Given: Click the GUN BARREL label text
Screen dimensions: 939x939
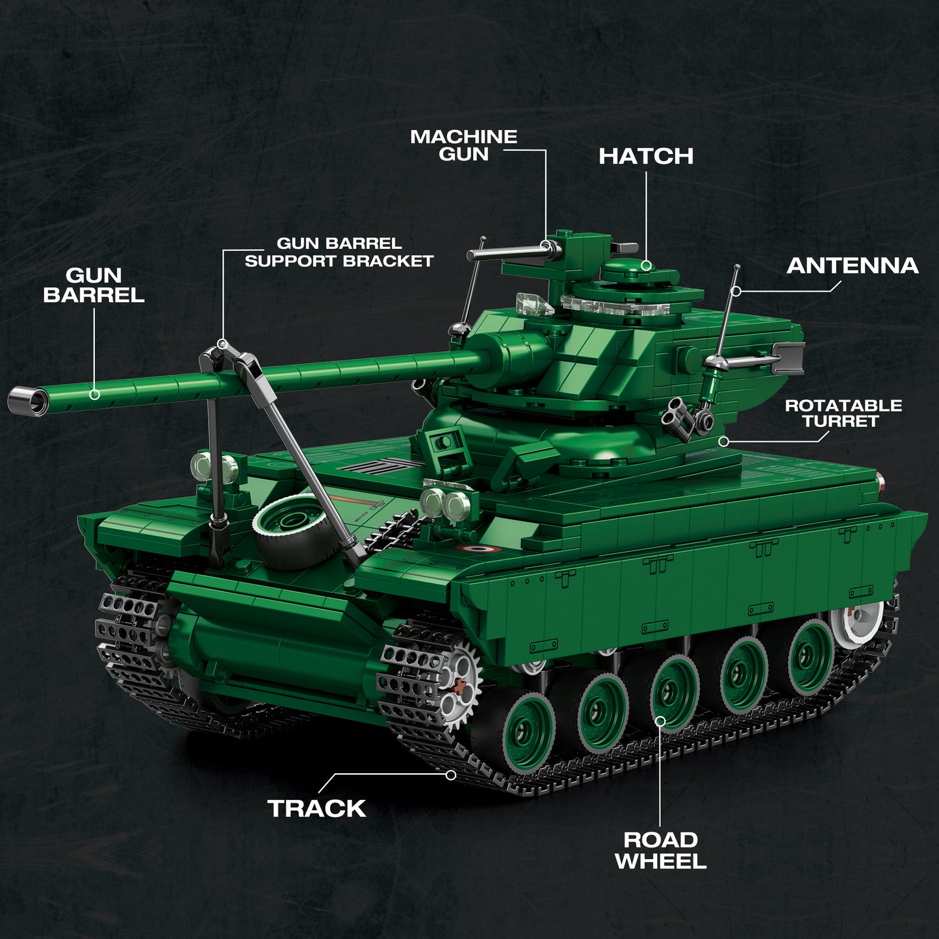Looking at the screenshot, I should point(94,285).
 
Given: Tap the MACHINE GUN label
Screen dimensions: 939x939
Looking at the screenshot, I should point(463,146).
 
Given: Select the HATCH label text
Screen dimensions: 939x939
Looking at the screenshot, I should point(645,156).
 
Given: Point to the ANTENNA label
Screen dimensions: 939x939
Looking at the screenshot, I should point(852,266).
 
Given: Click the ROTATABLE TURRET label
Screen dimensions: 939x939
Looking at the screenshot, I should point(843,413).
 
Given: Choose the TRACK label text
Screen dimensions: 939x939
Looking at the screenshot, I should point(316,808).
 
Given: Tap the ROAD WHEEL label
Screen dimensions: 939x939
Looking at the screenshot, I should point(660,850).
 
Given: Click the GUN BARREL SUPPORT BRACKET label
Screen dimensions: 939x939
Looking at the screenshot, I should point(339,252).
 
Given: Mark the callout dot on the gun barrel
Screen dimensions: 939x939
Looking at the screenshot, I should point(95,394).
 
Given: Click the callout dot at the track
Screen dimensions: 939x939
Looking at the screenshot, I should point(451,775).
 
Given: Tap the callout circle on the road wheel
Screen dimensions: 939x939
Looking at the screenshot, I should point(660,721).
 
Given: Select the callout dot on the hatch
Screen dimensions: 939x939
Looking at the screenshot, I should point(646,265).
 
